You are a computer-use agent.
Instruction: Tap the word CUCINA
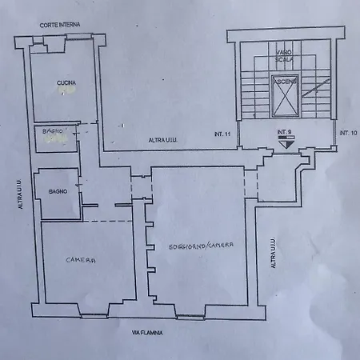pyautogui.click(x=66, y=82)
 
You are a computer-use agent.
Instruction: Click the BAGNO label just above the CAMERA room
pyautogui.click(x=58, y=191)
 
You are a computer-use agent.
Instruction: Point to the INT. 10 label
pyautogui.click(x=347, y=132)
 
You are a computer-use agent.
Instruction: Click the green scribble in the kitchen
pyautogui.click(x=69, y=92)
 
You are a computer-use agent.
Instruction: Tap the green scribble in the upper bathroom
pyautogui.click(x=56, y=138)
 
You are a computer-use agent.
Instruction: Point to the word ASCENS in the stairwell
pyautogui.click(x=286, y=81)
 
